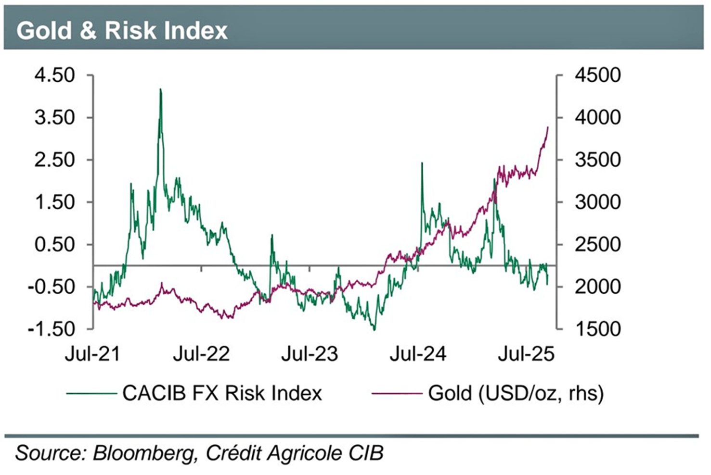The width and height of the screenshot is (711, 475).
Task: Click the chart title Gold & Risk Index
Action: pos(122,30)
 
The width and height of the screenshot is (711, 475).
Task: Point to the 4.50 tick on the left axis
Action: pos(55,75)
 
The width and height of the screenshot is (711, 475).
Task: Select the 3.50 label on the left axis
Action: pos(55,118)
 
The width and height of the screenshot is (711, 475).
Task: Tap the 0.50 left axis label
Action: pos(55,245)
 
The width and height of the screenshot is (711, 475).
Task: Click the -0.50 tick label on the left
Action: pos(52,287)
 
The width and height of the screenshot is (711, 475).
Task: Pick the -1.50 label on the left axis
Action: pos(52,329)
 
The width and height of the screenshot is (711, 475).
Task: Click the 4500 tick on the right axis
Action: pos(597,75)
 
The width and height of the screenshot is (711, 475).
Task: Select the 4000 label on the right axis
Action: pos(597,118)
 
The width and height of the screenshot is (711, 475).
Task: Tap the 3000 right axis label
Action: pos(597,202)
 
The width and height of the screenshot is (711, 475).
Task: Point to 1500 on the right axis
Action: pos(597,329)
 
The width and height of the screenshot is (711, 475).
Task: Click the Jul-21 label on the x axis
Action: pos(92,354)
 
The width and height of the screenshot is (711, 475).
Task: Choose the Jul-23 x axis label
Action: pos(310,354)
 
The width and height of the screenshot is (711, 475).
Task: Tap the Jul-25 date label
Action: pos(526,354)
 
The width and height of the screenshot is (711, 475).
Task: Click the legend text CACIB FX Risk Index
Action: pos(222,393)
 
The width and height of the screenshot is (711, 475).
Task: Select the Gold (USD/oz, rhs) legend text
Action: pos(516,393)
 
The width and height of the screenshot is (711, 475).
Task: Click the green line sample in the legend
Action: pos(91,394)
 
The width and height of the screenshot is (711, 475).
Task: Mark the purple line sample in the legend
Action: pos(397,394)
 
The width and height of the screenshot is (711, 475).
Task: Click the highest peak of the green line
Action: pos(160,89)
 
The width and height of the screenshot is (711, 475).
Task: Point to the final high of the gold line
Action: pos(548,127)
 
